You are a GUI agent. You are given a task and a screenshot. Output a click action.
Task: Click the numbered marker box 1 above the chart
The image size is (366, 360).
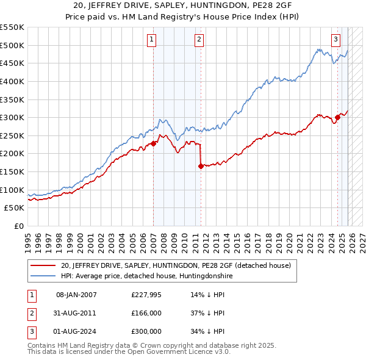coord(151,40)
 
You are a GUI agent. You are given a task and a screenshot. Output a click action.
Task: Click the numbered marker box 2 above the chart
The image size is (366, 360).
coord(199,40)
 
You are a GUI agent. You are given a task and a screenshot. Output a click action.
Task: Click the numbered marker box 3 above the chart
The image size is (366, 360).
coord(335,40)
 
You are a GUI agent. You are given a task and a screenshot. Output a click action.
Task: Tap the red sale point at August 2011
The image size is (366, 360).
coord(200,165)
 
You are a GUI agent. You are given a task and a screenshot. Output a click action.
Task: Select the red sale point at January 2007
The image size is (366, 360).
coord(153,143)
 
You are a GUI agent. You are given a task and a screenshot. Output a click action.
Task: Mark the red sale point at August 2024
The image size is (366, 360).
coord(337,117)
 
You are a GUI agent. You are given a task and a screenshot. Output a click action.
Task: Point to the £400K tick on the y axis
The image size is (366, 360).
coord(12,81)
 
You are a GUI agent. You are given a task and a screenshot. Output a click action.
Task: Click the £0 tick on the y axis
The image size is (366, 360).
coord(19,226)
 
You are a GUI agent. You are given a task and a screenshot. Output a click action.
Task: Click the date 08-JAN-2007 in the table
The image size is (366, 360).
coord(76,295)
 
